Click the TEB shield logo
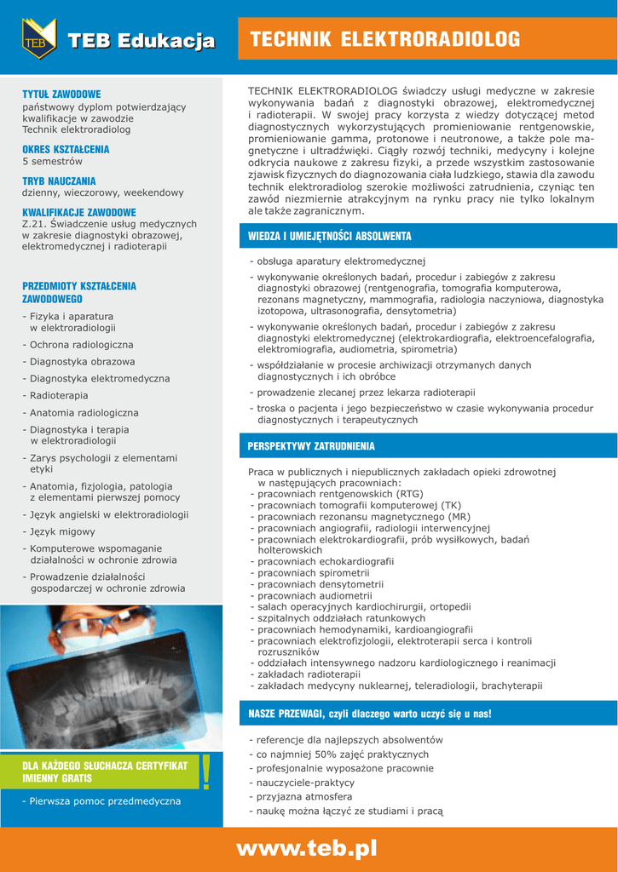pos(38,39)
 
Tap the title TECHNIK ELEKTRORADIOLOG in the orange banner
pos(385,39)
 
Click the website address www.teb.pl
pos(306,848)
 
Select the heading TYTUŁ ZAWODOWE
pos(61,94)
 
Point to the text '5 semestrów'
pos(52,161)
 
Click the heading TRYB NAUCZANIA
pos(59,181)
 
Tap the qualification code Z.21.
pos(33,224)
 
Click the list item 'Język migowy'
pos(62,531)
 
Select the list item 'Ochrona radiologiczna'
pos(81,345)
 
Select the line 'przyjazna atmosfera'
pos(303,796)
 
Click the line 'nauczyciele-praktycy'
pos(304,783)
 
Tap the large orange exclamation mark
pos(205,772)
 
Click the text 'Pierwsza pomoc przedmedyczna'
pos(104,800)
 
